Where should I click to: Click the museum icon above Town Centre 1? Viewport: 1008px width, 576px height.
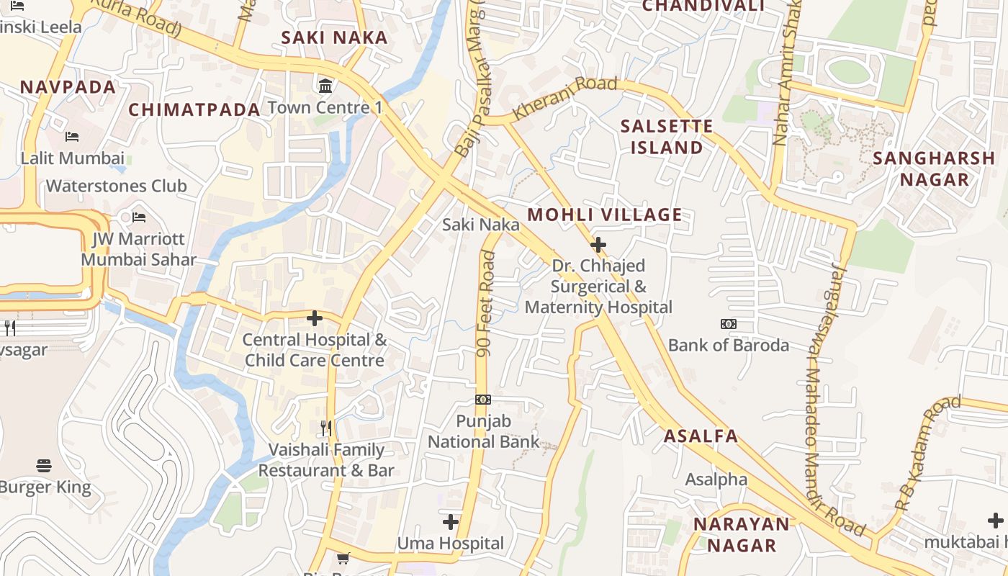pos(325,86)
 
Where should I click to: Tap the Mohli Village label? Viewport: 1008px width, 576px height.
pos(605,215)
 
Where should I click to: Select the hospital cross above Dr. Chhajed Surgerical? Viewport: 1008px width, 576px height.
pos(598,245)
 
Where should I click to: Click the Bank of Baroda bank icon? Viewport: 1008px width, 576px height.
pos(729,324)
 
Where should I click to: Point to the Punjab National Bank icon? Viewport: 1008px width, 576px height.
pos(483,400)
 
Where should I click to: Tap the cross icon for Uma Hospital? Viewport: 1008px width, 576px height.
pos(451,521)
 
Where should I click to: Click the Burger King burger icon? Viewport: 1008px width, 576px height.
pos(44,466)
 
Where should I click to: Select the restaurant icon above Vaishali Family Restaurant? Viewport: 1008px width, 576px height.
pos(326,428)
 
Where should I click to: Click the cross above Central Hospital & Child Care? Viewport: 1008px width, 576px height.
pos(315,318)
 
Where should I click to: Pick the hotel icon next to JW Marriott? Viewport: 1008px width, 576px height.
pos(139,217)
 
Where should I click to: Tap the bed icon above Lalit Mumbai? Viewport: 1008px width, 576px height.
pos(72,136)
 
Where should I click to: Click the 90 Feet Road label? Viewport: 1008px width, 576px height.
pos(486,303)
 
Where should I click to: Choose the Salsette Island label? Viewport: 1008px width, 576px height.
pos(667,137)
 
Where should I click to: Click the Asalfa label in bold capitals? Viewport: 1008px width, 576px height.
pos(701,436)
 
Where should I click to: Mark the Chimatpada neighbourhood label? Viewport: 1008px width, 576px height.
pos(194,110)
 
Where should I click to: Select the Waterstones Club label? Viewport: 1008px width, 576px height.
pos(117,186)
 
